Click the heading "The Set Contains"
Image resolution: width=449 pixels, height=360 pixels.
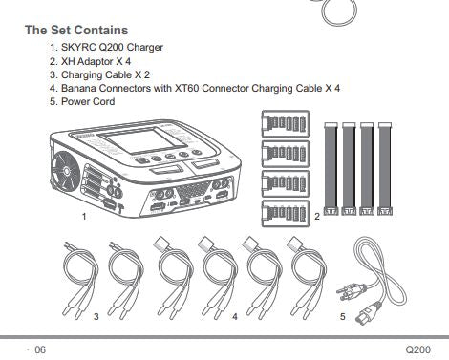(x=76, y=30)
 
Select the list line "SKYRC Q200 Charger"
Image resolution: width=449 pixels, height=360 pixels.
(x=112, y=47)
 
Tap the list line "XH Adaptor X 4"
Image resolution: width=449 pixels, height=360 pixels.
(x=96, y=61)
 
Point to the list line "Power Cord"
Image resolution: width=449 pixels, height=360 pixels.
(x=88, y=101)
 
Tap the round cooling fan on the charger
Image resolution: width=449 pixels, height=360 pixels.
(x=66, y=171)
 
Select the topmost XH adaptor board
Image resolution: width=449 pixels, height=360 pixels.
(x=286, y=123)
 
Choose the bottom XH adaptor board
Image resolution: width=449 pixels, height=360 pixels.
(x=286, y=213)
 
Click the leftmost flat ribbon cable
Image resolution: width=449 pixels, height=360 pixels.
(x=331, y=169)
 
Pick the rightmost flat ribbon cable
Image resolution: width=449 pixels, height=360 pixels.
(x=385, y=169)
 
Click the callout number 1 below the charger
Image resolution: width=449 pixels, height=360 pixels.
(x=84, y=217)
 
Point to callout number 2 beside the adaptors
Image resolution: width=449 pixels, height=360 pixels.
(x=317, y=217)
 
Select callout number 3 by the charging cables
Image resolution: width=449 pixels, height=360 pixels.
(x=96, y=317)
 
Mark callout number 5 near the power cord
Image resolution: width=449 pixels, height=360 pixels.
(x=343, y=317)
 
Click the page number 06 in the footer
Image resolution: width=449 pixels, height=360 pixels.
(x=40, y=349)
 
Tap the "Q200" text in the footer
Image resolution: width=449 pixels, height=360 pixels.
(x=418, y=349)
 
